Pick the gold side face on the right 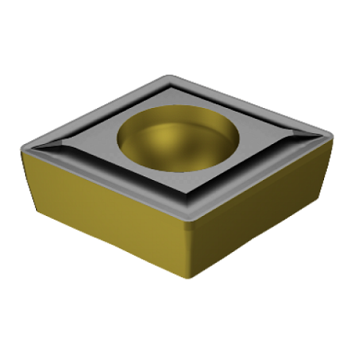tap(257, 213)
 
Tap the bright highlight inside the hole tap(172, 140)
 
